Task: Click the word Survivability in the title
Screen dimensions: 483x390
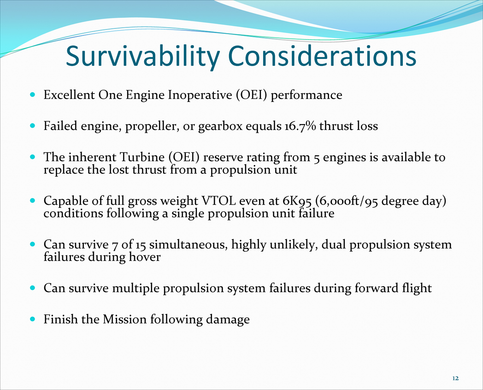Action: (x=142, y=56)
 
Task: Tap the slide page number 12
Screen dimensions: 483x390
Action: (x=456, y=378)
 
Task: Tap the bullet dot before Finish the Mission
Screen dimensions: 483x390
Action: (x=33, y=319)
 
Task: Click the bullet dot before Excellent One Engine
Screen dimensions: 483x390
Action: (x=33, y=95)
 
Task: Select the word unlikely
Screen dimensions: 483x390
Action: (x=294, y=245)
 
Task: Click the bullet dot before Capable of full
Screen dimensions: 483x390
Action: (x=33, y=201)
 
